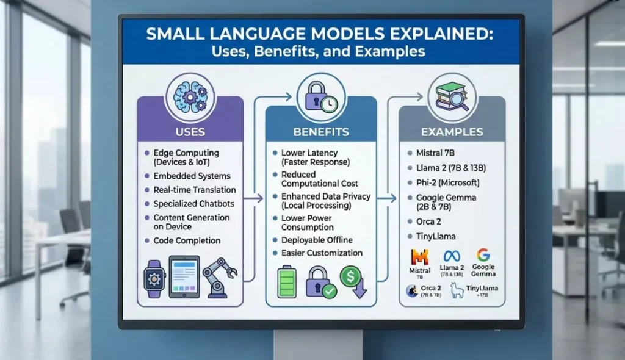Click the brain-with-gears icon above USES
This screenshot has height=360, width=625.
point(190,97)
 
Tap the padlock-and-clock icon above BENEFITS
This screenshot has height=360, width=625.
point(321,98)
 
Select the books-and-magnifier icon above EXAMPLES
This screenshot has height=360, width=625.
point(452,96)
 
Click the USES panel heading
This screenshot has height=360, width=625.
point(190,132)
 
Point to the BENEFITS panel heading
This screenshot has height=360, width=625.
point(321,132)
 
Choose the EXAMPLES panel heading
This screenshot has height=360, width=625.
point(452,132)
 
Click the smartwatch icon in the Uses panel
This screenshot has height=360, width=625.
point(154,279)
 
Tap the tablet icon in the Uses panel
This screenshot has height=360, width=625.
point(184,277)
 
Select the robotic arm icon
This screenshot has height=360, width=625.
point(220,278)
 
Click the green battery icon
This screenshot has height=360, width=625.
point(287,281)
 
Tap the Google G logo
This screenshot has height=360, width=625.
point(483,255)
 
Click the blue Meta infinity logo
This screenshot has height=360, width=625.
point(452,256)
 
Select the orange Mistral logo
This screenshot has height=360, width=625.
point(420,257)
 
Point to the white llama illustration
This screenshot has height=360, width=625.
point(457,290)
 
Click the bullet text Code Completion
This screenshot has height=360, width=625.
point(187,241)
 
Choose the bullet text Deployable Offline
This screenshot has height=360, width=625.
point(317,240)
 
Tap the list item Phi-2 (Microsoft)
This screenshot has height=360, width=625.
point(447,182)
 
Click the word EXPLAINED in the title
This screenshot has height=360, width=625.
point(441,34)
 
